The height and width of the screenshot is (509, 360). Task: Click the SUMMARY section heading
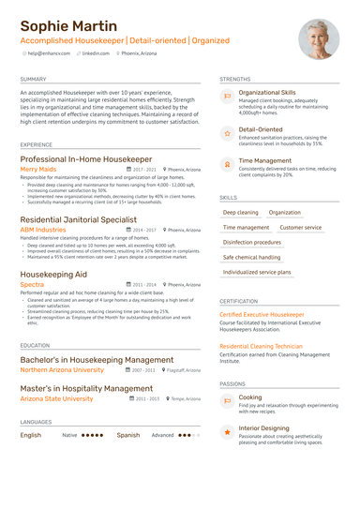point(32,80)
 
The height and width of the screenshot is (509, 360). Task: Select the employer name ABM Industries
point(43,229)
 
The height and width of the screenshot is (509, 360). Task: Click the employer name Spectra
point(32,284)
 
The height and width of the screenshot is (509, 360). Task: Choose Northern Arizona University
point(62,370)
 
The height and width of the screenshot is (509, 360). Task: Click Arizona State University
point(56,398)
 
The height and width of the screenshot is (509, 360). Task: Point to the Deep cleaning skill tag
point(241,213)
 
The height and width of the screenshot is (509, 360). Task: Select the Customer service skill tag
point(300,227)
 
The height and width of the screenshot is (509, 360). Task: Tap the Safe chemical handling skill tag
point(251,257)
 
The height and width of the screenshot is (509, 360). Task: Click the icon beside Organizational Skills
point(227,97)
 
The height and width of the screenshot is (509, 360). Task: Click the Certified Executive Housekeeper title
point(262,315)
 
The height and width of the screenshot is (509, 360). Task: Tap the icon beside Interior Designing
point(227,431)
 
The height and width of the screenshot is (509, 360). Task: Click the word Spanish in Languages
point(127,435)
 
